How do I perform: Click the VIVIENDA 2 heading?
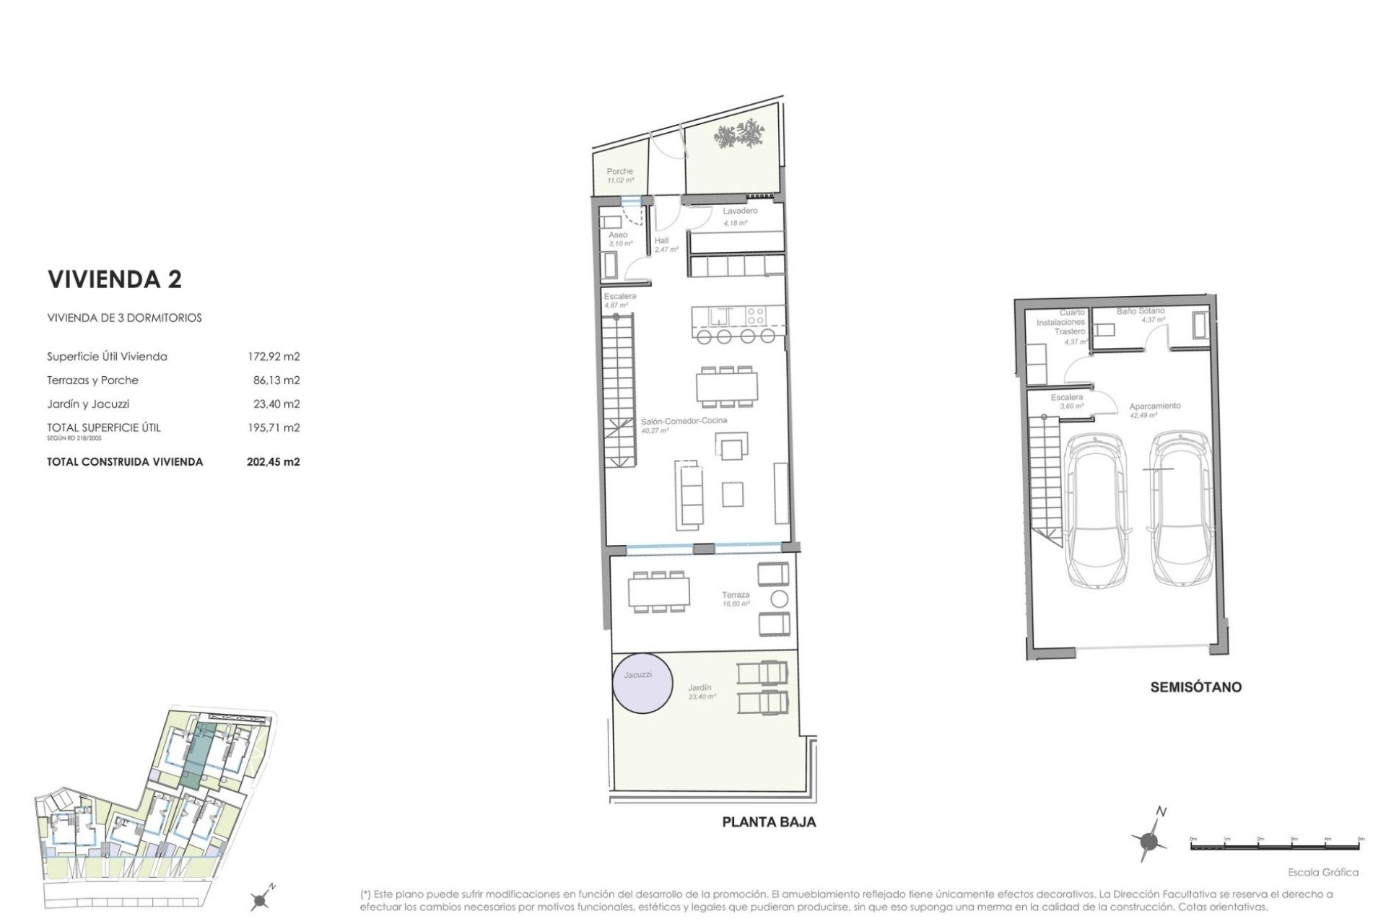coord(114,279)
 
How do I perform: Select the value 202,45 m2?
coord(273,462)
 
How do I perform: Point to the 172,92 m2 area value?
coord(273,357)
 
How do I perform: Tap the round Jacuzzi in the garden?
coord(642,683)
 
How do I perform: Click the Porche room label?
coord(619,172)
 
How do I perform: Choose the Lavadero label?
coord(740,211)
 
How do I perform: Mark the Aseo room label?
coord(617,235)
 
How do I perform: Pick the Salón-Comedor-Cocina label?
coord(684,421)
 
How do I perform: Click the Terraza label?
coord(736,595)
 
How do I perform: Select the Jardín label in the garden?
coord(699,688)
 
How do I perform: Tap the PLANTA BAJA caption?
coord(769,822)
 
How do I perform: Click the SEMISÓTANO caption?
coord(1195,687)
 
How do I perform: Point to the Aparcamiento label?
coord(1155,406)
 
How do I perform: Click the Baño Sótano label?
coord(1141,311)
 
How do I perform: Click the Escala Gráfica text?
coord(1322,872)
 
